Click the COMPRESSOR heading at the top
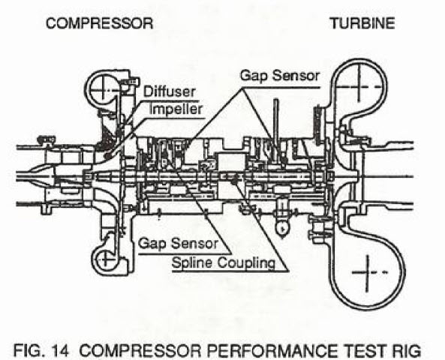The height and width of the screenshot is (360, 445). pyautogui.click(x=99, y=23)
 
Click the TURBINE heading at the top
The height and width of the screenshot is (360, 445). pyautogui.click(x=362, y=23)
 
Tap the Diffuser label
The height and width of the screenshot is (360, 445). pyautogui.click(x=170, y=91)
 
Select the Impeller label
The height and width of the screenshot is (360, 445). pyautogui.click(x=176, y=109)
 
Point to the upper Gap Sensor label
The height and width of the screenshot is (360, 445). pyautogui.click(x=280, y=76)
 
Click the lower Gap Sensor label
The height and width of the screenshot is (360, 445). pyautogui.click(x=179, y=244)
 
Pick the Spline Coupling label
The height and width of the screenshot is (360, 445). pyautogui.click(x=224, y=263)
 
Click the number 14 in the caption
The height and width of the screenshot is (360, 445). pyautogui.click(x=60, y=350)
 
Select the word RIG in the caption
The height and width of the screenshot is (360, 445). pyautogui.click(x=407, y=350)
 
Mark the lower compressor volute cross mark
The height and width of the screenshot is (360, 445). pyautogui.click(x=105, y=259)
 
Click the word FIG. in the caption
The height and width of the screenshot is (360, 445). pyautogui.click(x=29, y=350)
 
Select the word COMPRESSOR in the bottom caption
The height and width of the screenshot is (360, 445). pyautogui.click(x=140, y=350)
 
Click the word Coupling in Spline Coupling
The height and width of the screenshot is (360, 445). pyautogui.click(x=247, y=263)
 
